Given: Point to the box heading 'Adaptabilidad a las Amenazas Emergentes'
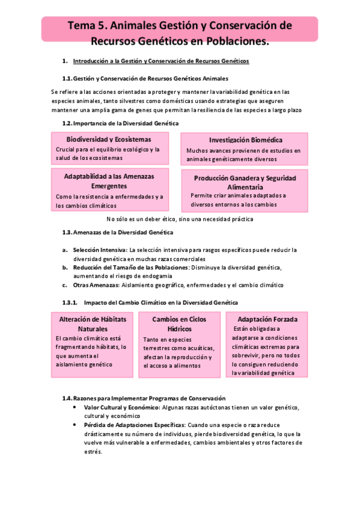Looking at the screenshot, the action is click(x=109, y=181).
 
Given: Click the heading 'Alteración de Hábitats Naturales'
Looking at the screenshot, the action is click(x=93, y=324).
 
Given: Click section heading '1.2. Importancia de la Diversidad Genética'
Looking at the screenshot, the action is click(x=120, y=123).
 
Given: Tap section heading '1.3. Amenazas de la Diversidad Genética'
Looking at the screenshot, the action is click(x=117, y=232).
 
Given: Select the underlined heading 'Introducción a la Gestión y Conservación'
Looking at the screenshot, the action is click(x=160, y=61).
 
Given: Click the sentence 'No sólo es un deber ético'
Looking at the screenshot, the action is click(x=179, y=219).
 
